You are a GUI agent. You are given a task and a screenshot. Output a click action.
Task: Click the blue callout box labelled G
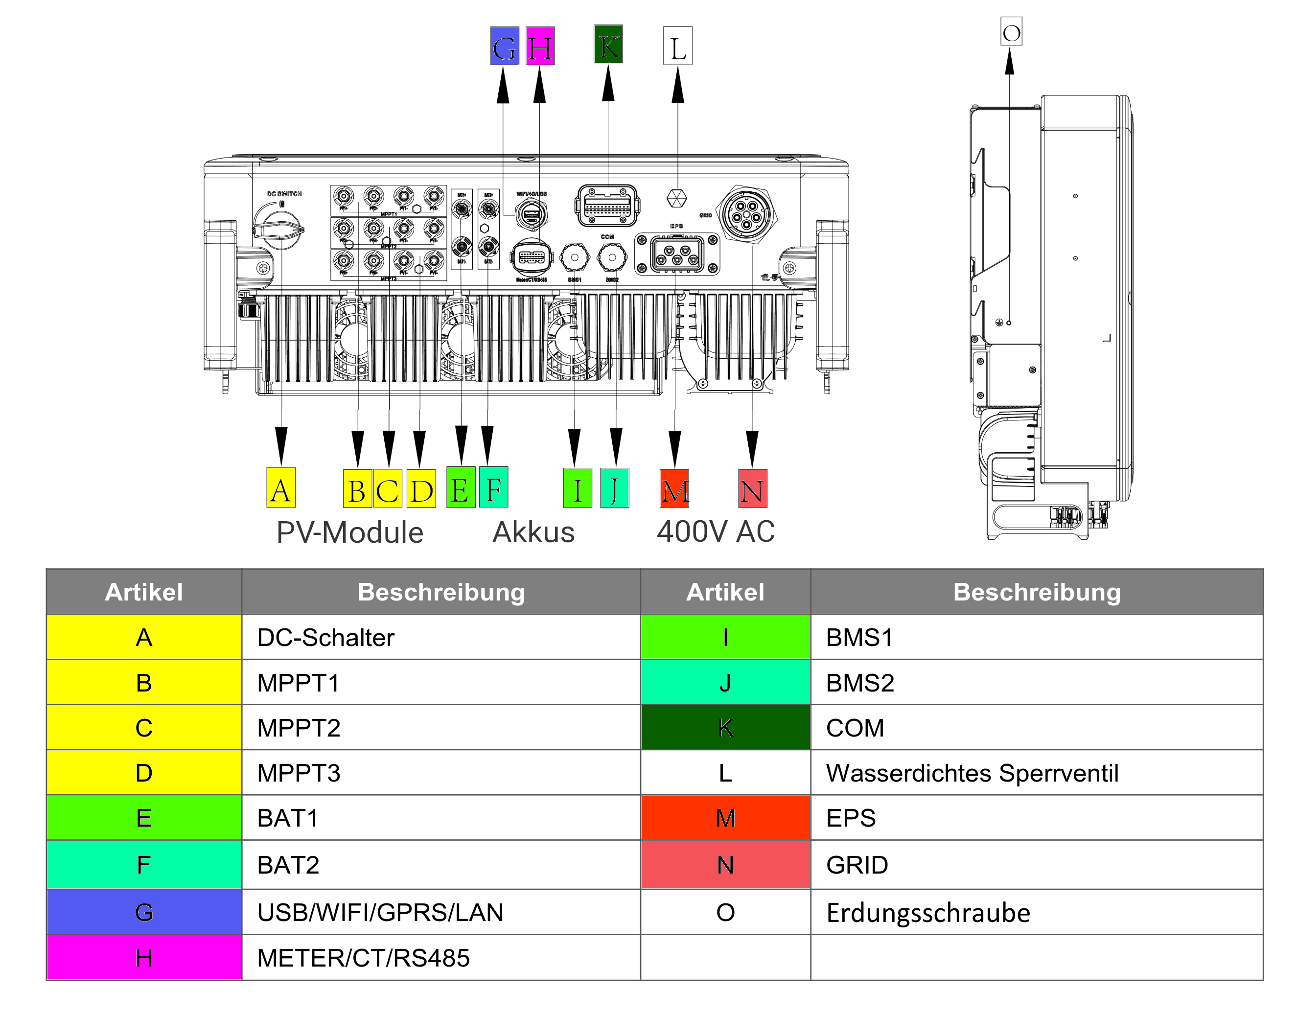pyautogui.click(x=504, y=46)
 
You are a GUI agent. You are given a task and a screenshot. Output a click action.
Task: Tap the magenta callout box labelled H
pyautogui.click(x=540, y=46)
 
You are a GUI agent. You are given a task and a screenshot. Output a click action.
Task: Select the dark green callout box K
pyautogui.click(x=608, y=44)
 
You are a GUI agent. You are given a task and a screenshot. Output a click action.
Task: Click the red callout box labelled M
pyautogui.click(x=674, y=488)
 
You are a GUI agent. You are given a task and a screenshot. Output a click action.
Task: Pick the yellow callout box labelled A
pyautogui.click(x=280, y=488)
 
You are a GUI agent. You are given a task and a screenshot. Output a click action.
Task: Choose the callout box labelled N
pyautogui.click(x=752, y=488)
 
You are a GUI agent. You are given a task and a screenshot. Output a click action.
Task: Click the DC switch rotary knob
pyautogui.click(x=278, y=230)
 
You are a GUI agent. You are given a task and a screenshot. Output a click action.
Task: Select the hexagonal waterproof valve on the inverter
pyautogui.click(x=676, y=198)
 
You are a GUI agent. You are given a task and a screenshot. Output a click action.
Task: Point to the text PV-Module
pyautogui.click(x=349, y=532)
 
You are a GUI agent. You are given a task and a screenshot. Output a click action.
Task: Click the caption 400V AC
pyautogui.click(x=715, y=531)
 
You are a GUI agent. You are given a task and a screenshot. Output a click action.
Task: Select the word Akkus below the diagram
pyautogui.click(x=533, y=532)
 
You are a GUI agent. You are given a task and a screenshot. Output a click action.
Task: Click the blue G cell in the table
pyautogui.click(x=144, y=912)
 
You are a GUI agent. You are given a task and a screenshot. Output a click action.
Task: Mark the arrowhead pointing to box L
pyautogui.click(x=678, y=86)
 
